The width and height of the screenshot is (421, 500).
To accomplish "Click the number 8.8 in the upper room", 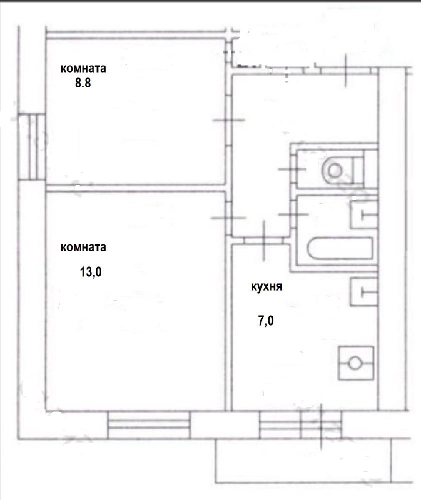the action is pyautogui.click(x=83, y=83).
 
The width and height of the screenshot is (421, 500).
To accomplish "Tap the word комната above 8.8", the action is pyautogui.click(x=83, y=68).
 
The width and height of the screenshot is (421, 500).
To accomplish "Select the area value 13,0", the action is pyautogui.click(x=91, y=272).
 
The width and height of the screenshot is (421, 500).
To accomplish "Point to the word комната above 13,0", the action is pyautogui.click(x=83, y=247).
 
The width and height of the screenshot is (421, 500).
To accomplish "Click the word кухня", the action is pyautogui.click(x=267, y=286).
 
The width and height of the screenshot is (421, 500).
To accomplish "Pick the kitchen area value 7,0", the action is pyautogui.click(x=265, y=320).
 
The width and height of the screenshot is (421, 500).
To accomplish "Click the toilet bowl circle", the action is pyautogui.click(x=334, y=170).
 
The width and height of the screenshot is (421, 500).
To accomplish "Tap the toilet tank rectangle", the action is pyautogui.click(x=357, y=170).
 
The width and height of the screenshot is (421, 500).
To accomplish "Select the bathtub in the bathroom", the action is pyautogui.click(x=340, y=248).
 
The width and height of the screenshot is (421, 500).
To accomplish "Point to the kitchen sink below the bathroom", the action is pyautogui.click(x=364, y=292).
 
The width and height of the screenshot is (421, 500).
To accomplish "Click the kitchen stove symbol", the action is pyautogui.click(x=355, y=363).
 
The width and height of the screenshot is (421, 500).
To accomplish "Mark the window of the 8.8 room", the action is pyautogui.click(x=32, y=146).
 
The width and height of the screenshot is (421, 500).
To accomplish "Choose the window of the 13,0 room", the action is pyautogui.click(x=149, y=424).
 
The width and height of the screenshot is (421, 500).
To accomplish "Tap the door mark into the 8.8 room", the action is pyautogui.click(x=229, y=120).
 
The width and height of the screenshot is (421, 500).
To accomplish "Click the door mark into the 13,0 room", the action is pyautogui.click(x=229, y=218).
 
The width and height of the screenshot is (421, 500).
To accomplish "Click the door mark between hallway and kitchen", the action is pyautogui.click(x=264, y=239).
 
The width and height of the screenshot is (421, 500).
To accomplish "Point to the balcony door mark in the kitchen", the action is pyautogui.click(x=321, y=425).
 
